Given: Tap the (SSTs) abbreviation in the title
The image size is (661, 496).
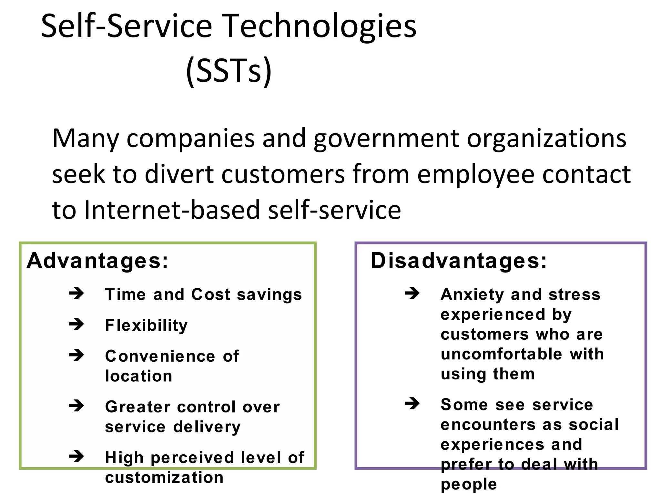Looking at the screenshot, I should click(229, 71).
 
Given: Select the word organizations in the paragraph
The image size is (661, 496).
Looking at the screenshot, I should click(546, 139).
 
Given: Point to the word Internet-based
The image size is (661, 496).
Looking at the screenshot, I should click(172, 210).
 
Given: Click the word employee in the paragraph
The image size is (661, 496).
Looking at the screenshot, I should click(475, 174).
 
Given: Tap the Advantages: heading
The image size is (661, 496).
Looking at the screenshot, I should click(97, 261).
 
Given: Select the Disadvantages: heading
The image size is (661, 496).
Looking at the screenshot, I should click(459, 261).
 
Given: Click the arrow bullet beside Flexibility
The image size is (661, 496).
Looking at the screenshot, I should click(76, 324).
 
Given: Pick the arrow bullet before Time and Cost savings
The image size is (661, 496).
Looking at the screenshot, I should click(76, 294).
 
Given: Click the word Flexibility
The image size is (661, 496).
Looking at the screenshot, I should click(146, 325).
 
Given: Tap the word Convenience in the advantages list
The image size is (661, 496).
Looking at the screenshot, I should click(160, 356).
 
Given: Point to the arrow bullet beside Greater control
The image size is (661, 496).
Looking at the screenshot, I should click(76, 406).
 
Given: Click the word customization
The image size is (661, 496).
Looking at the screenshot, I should click(164, 477).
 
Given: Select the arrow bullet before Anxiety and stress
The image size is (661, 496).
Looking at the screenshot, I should click(412, 294).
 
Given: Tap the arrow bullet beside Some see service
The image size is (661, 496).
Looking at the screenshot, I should click(412, 404).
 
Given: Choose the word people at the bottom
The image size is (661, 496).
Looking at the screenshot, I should click(469, 484).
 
